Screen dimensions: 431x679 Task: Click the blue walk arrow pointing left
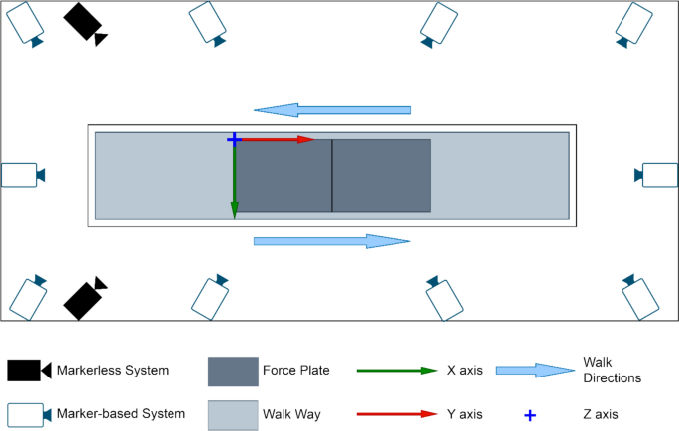pyautogui.click(x=332, y=109)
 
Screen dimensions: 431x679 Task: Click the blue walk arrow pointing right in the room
pyautogui.click(x=332, y=241)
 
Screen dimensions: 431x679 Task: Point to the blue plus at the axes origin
pyautogui.click(x=234, y=139)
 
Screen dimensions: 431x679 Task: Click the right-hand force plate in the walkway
pyautogui.click(x=381, y=175)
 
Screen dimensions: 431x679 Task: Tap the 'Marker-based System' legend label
pyautogui.click(x=121, y=413)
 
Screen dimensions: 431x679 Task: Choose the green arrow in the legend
pyautogui.click(x=396, y=371)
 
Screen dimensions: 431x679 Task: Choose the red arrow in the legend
pyautogui.click(x=396, y=414)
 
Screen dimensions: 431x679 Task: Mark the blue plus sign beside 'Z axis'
pyautogui.click(x=531, y=414)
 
